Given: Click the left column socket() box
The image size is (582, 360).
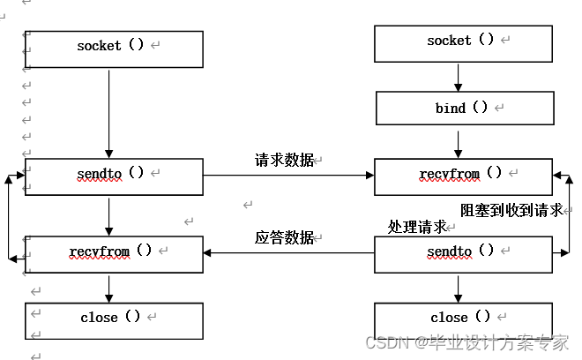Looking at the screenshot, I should coord(114,49).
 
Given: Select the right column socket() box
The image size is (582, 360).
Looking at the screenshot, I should coord(464,42).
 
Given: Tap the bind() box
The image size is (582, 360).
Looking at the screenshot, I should coord(464,109).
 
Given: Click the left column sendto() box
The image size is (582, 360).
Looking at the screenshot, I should coord(114,176).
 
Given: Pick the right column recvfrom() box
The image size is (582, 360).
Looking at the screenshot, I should coord(464,176).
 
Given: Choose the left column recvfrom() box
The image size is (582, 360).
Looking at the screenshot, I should coord(114,253).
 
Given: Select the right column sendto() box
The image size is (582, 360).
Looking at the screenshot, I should coord(464,253).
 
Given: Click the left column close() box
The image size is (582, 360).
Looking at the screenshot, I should coord(114,319).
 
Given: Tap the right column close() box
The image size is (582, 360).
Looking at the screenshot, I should coord(464,319).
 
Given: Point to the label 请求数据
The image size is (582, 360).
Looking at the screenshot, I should coord(285,160).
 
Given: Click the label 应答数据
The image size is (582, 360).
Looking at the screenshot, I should coord(285,237).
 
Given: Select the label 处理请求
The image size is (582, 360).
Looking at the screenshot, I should coord(417,227).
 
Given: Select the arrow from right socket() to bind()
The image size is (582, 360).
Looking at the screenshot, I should coord(459,76).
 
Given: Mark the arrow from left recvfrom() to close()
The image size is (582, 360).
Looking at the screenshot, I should coord(108,287).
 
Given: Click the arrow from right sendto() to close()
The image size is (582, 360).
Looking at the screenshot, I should coord(459,287).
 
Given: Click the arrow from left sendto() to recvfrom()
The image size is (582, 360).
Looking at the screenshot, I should coord(108,214).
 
